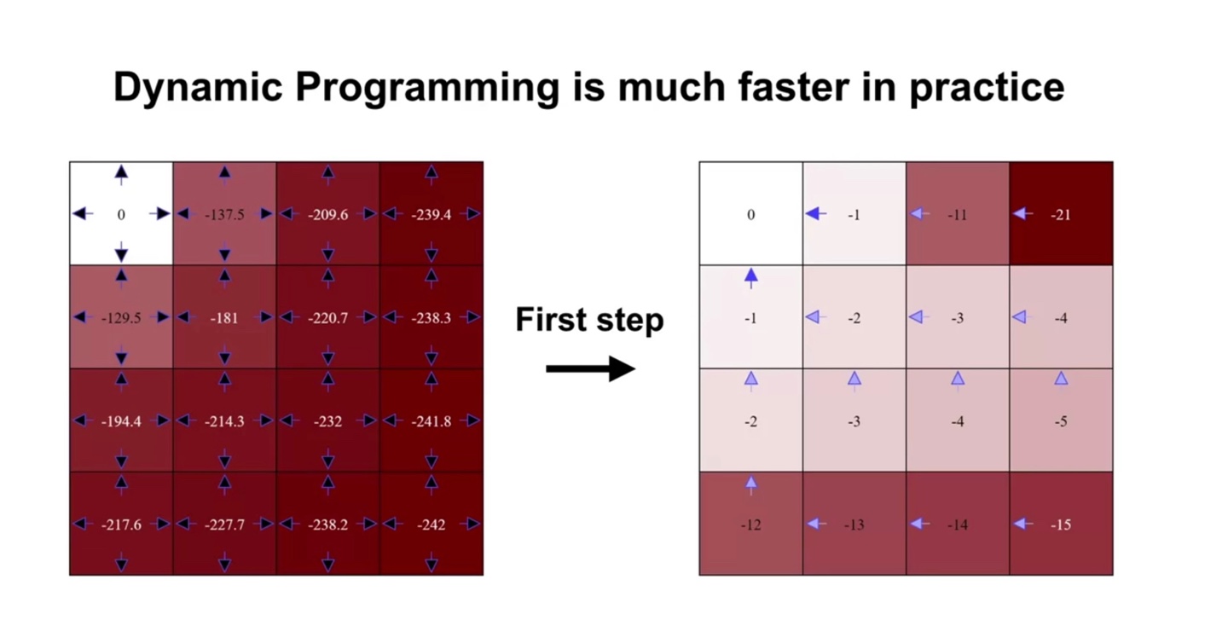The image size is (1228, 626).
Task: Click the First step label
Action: (589, 320)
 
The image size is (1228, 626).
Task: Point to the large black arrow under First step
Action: (590, 368)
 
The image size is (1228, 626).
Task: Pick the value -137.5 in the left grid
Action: (224, 214)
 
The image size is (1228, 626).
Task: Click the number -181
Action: (224, 318)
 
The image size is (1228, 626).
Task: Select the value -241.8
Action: (432, 421)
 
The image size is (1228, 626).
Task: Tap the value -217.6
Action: (121, 525)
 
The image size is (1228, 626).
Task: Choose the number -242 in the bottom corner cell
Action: (432, 525)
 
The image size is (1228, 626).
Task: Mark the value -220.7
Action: (327, 318)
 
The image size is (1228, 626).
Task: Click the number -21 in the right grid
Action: (1061, 215)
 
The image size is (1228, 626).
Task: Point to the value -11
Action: (957, 215)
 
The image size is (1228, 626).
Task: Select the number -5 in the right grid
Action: (1061, 421)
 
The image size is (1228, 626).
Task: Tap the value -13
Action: (854, 525)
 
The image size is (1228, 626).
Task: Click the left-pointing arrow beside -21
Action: (1023, 214)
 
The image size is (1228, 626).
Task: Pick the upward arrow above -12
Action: (751, 485)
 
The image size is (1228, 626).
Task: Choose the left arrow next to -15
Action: (1023, 524)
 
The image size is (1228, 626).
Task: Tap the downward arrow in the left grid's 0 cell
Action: (121, 252)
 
